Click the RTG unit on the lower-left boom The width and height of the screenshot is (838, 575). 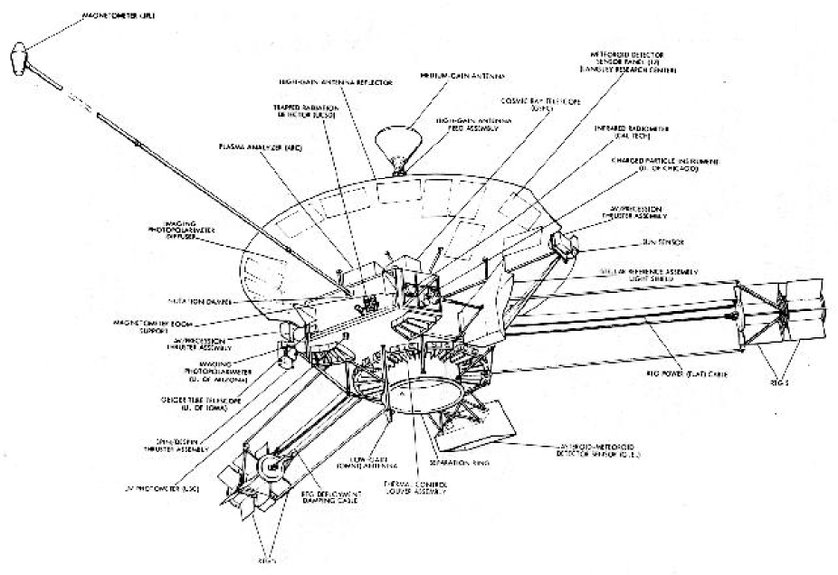pyautogui.click(x=267, y=464)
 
